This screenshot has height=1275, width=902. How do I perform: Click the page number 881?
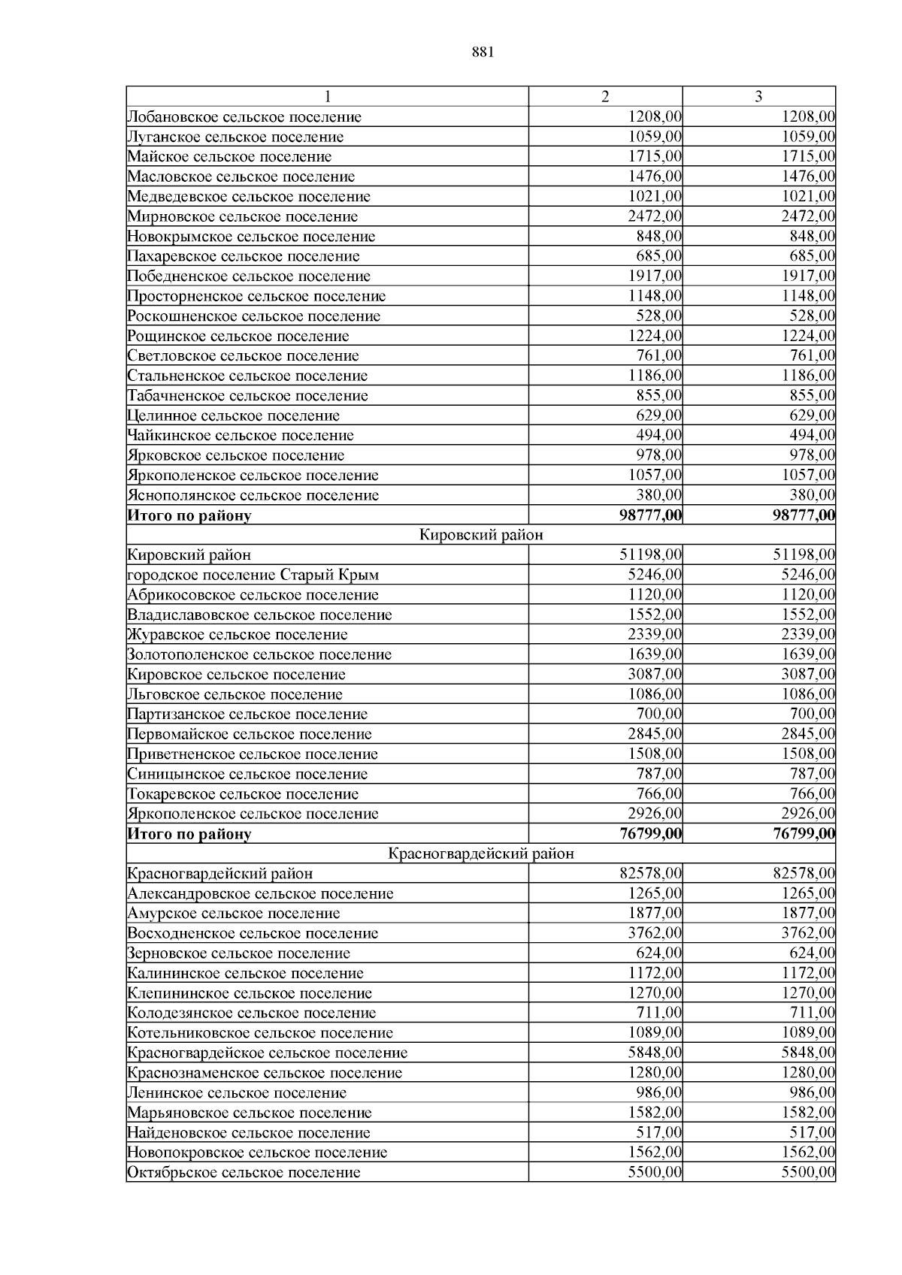[483, 52]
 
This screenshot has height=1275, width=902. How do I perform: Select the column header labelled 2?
[605, 96]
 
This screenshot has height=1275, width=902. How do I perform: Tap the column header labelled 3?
[758, 96]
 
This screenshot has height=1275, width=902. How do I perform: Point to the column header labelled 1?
[327, 96]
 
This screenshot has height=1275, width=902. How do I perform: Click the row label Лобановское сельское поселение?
[244, 117]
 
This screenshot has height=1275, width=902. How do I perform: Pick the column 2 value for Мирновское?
[655, 216]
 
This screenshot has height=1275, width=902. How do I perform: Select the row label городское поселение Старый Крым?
[253, 576]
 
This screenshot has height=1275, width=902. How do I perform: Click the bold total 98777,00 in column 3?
[804, 515]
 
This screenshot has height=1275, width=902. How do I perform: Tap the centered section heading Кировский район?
[481, 535]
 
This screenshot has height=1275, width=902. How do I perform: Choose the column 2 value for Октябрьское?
[655, 1173]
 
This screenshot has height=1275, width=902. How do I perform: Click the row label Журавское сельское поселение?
[238, 635]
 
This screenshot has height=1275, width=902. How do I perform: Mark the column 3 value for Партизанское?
[816, 715]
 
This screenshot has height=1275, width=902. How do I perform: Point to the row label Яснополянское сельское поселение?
[253, 495]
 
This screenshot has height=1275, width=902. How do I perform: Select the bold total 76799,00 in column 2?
[650, 834]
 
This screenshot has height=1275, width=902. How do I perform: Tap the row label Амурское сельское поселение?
[234, 914]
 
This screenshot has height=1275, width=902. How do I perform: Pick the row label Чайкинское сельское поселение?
[241, 436]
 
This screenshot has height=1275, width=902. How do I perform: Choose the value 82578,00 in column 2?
[652, 874]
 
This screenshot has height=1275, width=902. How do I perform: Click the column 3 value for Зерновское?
[816, 953]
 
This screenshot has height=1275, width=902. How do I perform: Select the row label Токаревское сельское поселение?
[243, 794]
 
